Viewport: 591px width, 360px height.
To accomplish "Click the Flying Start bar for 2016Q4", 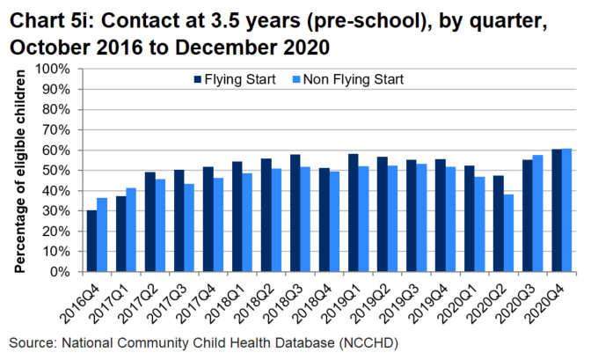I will click(x=91, y=241).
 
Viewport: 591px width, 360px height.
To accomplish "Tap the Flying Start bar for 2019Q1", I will click(x=353, y=213).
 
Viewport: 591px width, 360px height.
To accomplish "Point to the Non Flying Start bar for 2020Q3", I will click(x=537, y=214).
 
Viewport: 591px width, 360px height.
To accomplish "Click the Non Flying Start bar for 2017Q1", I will click(x=131, y=230).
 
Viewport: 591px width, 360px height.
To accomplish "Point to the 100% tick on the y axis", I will click(x=61, y=69).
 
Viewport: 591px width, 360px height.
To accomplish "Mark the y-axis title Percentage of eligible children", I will click(x=19, y=170).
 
